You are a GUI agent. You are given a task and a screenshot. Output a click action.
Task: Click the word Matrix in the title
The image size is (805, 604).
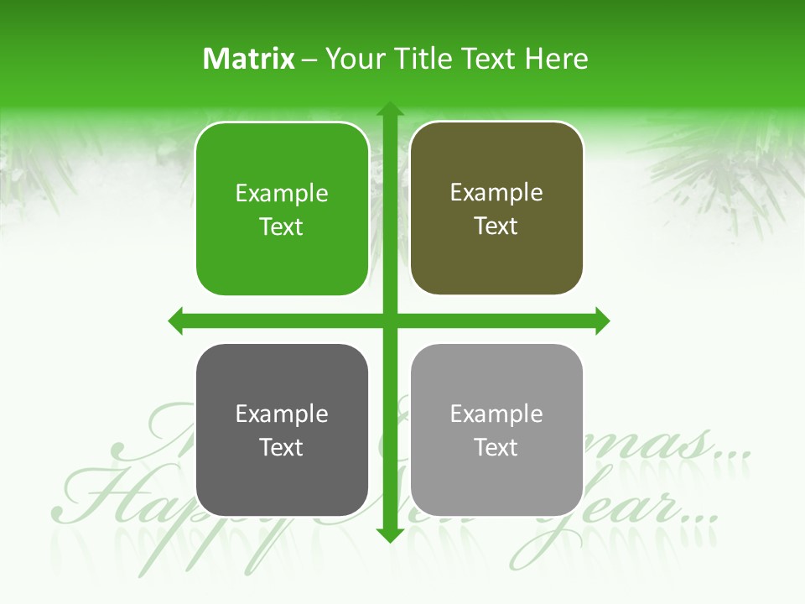click(x=249, y=59)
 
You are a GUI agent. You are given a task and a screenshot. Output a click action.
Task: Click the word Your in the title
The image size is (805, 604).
click(x=352, y=59)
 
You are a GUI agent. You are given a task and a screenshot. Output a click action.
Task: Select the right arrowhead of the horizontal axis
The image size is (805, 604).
click(x=601, y=320)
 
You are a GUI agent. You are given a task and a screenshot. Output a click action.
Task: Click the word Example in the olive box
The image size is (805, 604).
click(x=496, y=193)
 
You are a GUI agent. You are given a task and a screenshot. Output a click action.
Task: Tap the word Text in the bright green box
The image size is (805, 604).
click(x=282, y=227)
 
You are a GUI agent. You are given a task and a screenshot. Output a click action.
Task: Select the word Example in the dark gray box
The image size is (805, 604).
click(x=282, y=414)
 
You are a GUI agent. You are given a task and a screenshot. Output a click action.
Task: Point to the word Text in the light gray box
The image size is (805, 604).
click(x=496, y=448)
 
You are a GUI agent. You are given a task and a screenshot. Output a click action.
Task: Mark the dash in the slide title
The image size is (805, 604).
click(x=310, y=60)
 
